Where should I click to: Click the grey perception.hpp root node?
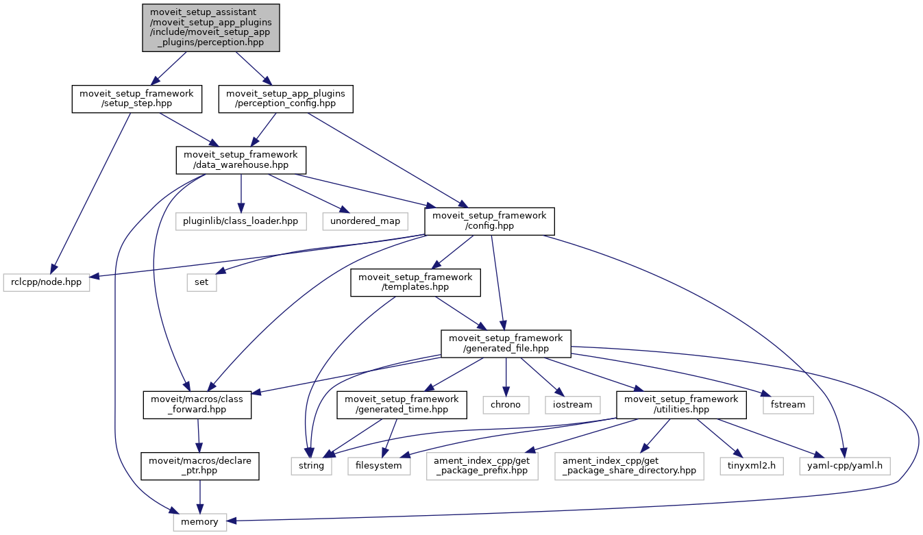(x=211, y=27)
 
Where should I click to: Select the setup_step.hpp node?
(x=137, y=99)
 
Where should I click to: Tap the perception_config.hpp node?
(x=285, y=99)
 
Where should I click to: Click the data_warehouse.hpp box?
(x=241, y=160)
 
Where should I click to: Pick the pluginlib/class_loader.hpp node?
(x=241, y=221)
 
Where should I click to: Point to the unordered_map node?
(x=365, y=221)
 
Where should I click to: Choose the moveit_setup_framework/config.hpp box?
(x=489, y=221)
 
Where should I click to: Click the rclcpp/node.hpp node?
(x=47, y=283)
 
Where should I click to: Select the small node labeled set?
(x=201, y=283)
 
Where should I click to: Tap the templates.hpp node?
(x=415, y=282)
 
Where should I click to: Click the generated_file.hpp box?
(x=506, y=344)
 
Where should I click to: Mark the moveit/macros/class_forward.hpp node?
(x=197, y=405)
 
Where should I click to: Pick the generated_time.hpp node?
(x=402, y=405)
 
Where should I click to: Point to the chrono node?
(x=506, y=405)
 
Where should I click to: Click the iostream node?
(x=572, y=405)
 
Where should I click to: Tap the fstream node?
(x=788, y=405)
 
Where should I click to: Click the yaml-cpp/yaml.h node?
(x=844, y=466)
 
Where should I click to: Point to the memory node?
(x=199, y=522)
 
